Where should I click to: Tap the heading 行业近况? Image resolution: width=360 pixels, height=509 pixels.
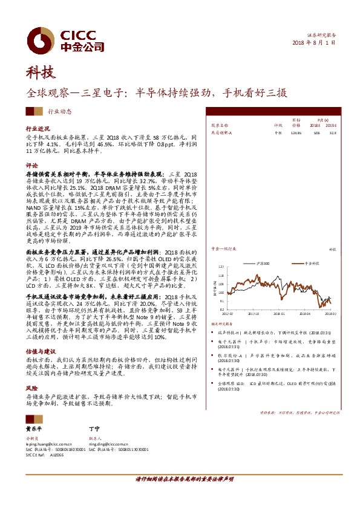(x=38, y=129)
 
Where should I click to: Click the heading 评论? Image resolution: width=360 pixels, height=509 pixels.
(x=31, y=165)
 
